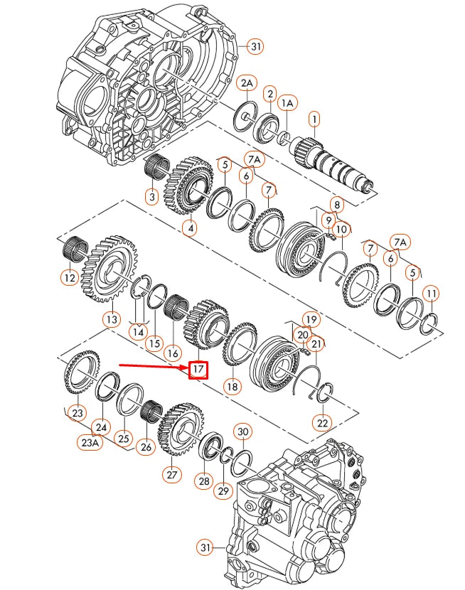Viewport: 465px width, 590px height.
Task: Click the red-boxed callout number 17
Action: pyautogui.click(x=198, y=370)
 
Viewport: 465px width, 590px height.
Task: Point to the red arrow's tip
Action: pyautogui.click(x=186, y=368)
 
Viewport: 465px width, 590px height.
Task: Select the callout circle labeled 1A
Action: pyautogui.click(x=287, y=104)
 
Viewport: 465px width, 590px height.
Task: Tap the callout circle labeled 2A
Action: pyautogui.click(x=246, y=84)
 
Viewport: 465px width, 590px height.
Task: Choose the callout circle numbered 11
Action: pyautogui.click(x=431, y=293)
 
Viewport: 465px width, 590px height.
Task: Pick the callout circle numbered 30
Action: pyautogui.click(x=242, y=432)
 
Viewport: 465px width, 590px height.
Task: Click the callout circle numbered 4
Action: pyautogui.click(x=189, y=228)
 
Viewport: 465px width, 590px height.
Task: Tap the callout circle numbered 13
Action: pyautogui.click(x=111, y=319)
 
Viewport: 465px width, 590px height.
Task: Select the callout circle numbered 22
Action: pyautogui.click(x=324, y=422)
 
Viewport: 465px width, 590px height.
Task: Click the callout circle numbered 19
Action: pyautogui.click(x=310, y=319)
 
